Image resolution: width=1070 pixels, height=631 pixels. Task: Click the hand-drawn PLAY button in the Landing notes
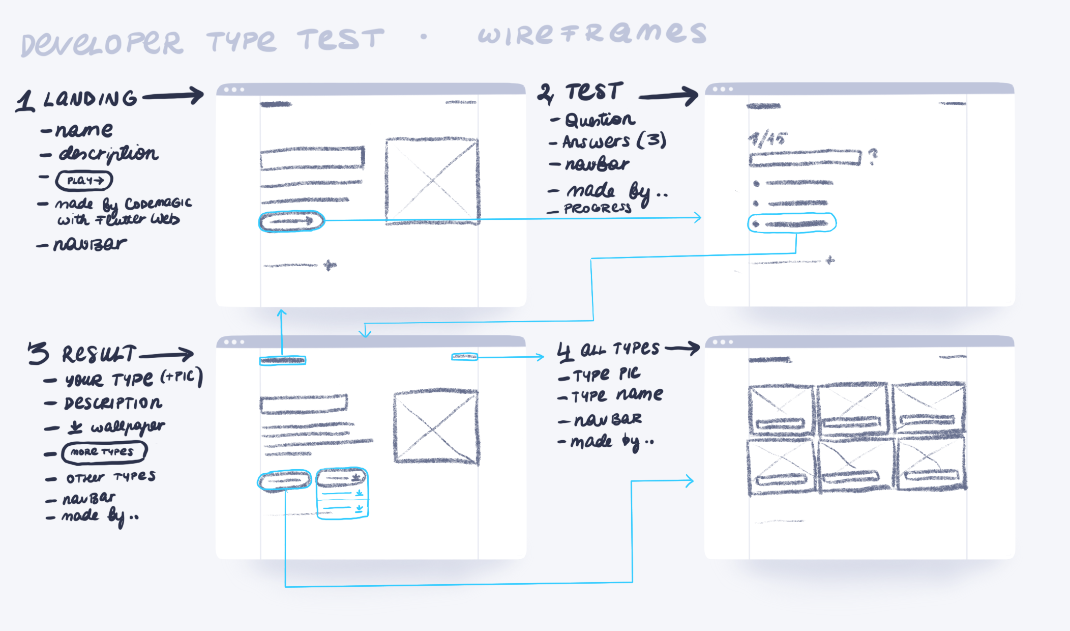pos(84,180)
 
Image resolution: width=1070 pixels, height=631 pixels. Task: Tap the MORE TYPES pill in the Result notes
pos(104,452)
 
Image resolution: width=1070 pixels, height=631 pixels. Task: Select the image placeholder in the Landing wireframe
pos(432,180)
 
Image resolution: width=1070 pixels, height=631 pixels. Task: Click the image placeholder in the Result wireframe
pos(436,426)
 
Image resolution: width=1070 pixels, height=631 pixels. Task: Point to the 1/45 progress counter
pos(768,139)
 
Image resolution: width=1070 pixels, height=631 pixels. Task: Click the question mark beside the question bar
pos(873,156)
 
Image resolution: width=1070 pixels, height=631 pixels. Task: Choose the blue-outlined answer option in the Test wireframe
pos(792,223)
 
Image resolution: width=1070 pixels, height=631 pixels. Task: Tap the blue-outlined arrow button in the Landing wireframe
pos(291,221)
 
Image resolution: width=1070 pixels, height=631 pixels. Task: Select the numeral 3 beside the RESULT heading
pos(39,353)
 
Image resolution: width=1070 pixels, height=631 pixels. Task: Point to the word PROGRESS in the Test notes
pos(598,208)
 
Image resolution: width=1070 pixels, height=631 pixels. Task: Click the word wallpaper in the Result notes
pos(127,426)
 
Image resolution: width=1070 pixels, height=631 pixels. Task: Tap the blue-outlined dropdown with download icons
pos(342,493)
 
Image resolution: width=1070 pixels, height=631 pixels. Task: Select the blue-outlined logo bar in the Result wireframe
pos(283,360)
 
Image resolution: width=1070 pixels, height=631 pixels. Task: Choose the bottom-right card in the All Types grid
pos(932,464)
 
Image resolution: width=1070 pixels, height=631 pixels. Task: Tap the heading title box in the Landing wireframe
pos(312,158)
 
